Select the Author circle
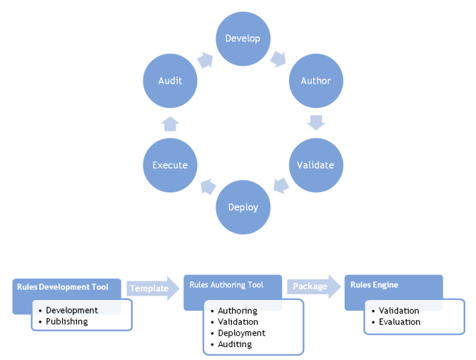(315, 81)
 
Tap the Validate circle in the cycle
(315, 165)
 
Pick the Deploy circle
(243, 207)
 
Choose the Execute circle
(170, 165)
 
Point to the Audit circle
(170, 81)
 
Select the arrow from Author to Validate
(315, 122)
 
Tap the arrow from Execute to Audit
(170, 123)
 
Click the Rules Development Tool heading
(63, 287)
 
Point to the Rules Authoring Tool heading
(226, 285)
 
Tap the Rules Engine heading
(375, 285)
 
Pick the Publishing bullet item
(66, 321)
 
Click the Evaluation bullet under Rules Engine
(399, 322)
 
